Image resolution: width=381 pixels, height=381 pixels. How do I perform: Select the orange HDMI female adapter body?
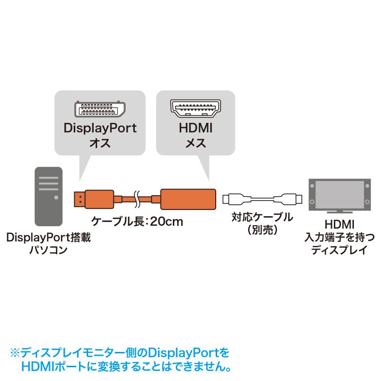189,199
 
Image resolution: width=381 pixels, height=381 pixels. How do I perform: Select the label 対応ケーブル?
262,218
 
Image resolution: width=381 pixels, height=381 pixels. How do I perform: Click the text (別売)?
262,230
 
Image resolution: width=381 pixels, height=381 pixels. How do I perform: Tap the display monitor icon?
339,196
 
